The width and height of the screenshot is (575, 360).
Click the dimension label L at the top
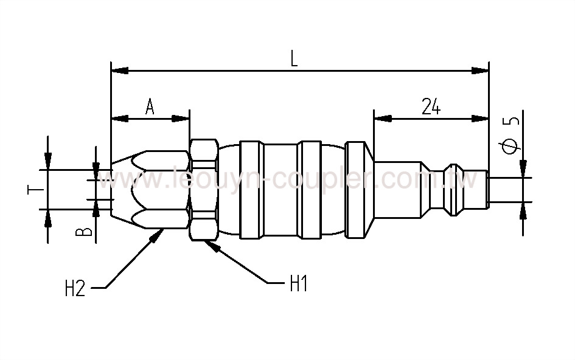point(294,58)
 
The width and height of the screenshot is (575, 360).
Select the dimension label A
point(150,107)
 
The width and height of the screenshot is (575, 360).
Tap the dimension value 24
point(430,107)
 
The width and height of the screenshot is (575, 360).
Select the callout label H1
point(298,283)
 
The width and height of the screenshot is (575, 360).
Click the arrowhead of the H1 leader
point(209,243)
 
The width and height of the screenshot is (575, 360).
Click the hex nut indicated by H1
point(203,189)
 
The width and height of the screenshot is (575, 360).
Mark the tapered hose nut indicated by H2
point(149,189)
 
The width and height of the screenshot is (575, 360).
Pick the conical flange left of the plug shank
point(359,189)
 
